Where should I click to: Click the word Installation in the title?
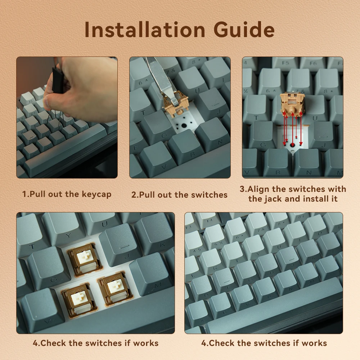coord(145,30)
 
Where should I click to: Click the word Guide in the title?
coord(244,30)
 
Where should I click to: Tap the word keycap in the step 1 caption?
coord(96,194)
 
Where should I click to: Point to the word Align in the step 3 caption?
coord(258,189)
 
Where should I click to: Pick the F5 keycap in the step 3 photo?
coord(285,63)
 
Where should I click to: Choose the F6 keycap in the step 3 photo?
coord(313,63)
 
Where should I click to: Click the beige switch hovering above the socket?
coord(292,103)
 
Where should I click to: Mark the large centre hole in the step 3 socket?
coord(292,145)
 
